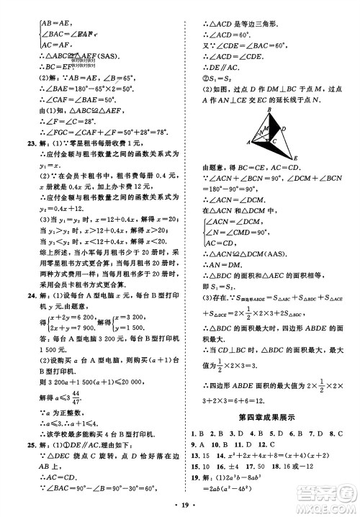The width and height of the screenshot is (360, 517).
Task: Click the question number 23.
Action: [22, 143]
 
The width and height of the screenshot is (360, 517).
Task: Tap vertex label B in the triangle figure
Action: [269, 109]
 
